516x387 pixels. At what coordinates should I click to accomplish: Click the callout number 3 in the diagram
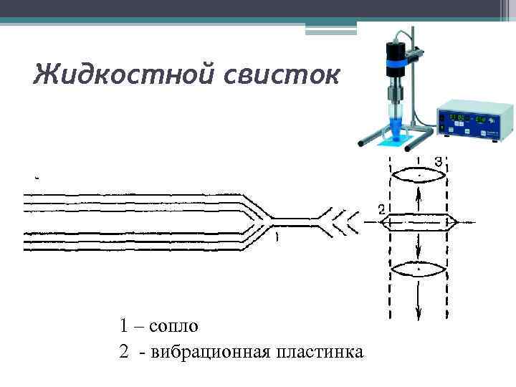coord(439,160)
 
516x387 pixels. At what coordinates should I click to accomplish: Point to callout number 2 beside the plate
coord(381,209)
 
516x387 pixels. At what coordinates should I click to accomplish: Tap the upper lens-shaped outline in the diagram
coord(419,175)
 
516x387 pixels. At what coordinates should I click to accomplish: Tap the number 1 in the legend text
coord(125,326)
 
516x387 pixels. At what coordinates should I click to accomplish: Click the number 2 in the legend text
coord(125,352)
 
